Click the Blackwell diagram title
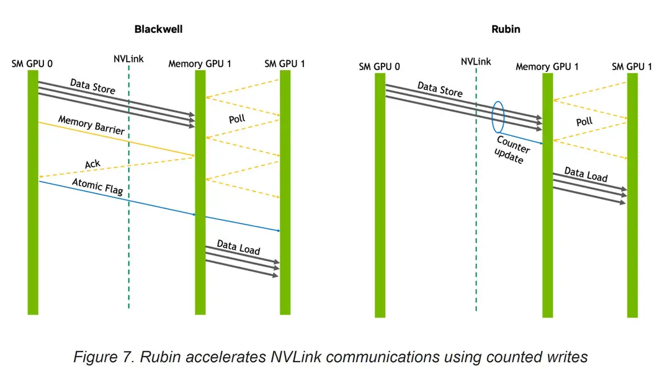[x=158, y=29]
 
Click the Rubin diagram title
[x=506, y=29]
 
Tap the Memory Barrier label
[x=91, y=125]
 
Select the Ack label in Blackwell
[x=92, y=164]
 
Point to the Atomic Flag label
[x=97, y=187]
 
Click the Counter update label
[x=512, y=149]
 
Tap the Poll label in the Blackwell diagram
[x=237, y=118]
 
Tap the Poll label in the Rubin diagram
[x=584, y=122]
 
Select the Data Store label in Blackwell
[x=92, y=86]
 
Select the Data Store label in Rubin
[x=440, y=89]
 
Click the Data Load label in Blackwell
[x=238, y=247]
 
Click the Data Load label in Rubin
[x=586, y=174]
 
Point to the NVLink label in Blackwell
[x=128, y=59]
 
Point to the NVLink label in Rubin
[x=475, y=61]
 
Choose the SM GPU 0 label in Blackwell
[x=32, y=64]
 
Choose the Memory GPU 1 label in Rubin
[x=547, y=67]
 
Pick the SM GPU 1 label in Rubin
[x=632, y=67]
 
